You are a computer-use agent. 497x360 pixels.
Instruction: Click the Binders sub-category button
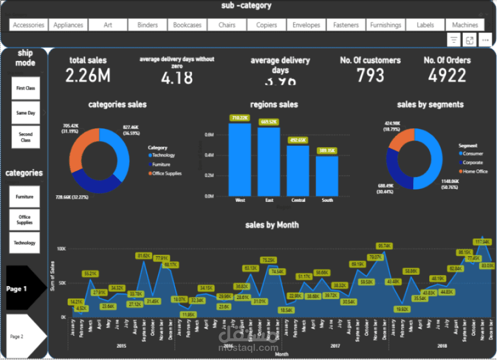148,25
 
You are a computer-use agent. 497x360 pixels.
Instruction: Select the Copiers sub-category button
266,25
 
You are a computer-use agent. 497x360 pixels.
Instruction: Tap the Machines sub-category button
465,25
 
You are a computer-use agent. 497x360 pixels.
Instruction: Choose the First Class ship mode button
26,88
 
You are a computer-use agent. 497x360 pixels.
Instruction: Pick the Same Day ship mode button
26,113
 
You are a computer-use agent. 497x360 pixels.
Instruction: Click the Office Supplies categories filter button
25,219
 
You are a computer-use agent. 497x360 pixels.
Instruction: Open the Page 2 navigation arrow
24,336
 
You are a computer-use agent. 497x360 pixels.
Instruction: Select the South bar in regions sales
328,176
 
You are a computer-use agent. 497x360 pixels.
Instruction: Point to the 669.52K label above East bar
269,122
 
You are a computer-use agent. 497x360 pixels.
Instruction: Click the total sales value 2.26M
88,76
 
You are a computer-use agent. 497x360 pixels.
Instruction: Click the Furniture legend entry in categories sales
161,164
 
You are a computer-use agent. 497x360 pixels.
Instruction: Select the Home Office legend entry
475,171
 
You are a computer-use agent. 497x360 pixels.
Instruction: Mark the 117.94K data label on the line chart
483,242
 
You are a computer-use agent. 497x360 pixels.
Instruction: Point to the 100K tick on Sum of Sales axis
62,248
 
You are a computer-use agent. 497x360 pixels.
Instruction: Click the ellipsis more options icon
485,40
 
